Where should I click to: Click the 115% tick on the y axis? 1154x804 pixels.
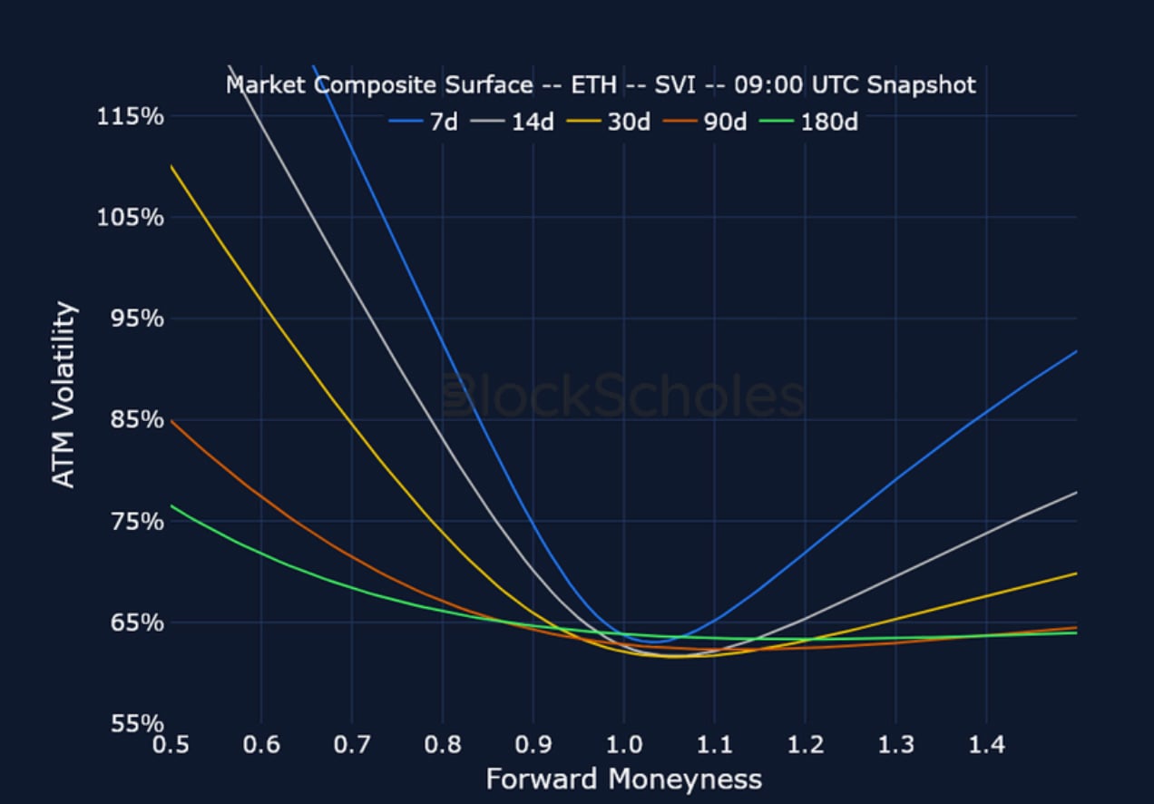tap(131, 116)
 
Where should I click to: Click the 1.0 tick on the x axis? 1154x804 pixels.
tap(623, 745)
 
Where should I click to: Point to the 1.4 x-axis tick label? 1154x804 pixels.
tap(986, 745)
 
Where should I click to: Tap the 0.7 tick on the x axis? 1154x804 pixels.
tap(351, 745)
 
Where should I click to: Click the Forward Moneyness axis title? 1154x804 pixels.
tap(623, 779)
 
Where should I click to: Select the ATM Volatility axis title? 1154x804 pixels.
tap(63, 395)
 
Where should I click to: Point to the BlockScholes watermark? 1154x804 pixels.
tap(623, 397)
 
